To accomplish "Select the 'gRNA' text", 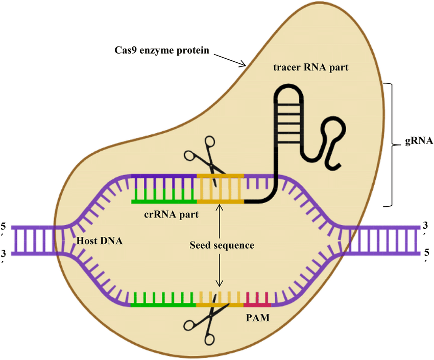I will click(x=419, y=142).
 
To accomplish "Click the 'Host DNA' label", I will click(x=99, y=240).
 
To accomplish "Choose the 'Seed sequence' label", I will click(x=222, y=245).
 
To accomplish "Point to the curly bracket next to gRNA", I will click(x=391, y=144).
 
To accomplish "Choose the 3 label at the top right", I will click(x=426, y=226).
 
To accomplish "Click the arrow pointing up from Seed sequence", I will click(x=220, y=220).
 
